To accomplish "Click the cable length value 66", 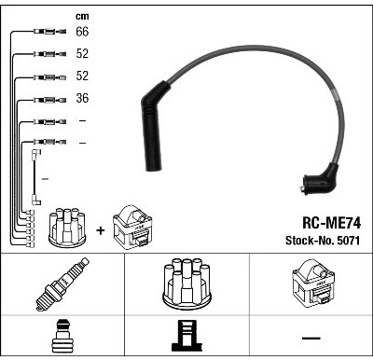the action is (x=82, y=32).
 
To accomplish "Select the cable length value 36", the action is (x=82, y=98).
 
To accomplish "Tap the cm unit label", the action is (x=82, y=17).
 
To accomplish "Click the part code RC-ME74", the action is (x=331, y=223).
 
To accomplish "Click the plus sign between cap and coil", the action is (x=101, y=230).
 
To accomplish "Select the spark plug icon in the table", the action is (x=62, y=284).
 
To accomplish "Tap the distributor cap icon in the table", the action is (x=186, y=284).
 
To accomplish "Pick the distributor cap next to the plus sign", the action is (x=67, y=228).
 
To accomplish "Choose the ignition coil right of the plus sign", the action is (x=132, y=228).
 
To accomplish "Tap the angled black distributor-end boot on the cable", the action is (x=321, y=180).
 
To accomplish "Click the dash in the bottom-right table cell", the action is (x=311, y=338).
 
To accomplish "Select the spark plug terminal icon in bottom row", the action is (x=62, y=336).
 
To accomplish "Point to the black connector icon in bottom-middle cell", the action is (x=186, y=336).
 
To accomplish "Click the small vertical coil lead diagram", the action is (x=36, y=177).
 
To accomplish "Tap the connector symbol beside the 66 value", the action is (x=49, y=31).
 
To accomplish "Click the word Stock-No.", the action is (x=310, y=241).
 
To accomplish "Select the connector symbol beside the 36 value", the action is (x=49, y=100).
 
